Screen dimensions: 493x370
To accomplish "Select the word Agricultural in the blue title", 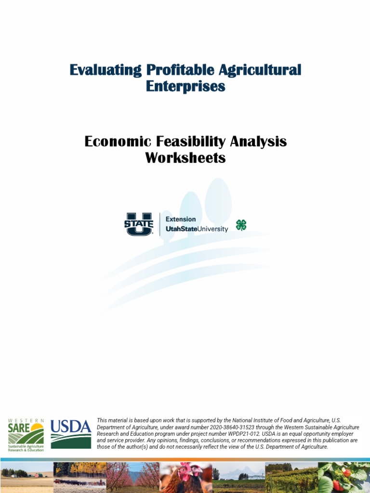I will [x=260, y=70].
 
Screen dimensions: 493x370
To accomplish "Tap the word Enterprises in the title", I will [x=185, y=87].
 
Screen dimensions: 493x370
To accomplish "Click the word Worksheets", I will [x=185, y=158].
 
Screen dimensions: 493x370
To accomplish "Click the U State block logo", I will [x=139, y=224].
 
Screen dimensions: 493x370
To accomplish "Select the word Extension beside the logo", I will [x=181, y=219].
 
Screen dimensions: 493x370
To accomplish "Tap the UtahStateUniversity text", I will [x=197, y=229].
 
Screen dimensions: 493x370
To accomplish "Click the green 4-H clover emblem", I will [x=241, y=225].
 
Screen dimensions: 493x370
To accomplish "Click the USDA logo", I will [x=71, y=433].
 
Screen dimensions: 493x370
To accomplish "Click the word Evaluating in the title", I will [x=106, y=70].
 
